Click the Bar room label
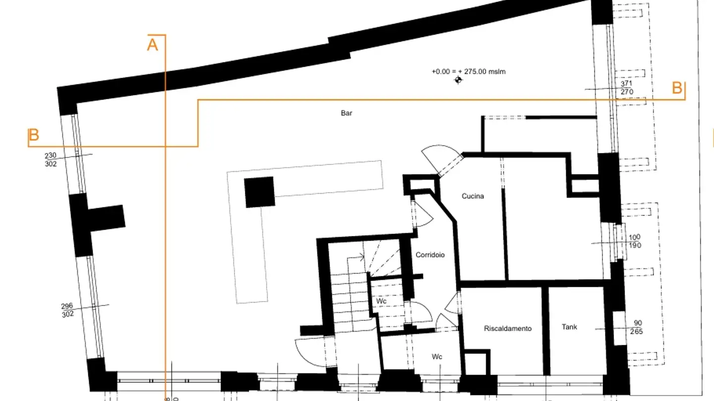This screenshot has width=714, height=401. [x=347, y=113]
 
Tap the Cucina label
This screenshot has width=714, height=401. [x=473, y=197]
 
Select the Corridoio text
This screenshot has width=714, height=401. [x=430, y=255]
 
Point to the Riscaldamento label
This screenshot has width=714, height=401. [x=508, y=329]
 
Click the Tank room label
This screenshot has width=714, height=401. [x=569, y=327]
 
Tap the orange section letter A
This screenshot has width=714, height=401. [x=153, y=45]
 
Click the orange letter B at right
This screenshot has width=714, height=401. [x=677, y=89]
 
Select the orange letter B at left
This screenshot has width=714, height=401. [x=34, y=136]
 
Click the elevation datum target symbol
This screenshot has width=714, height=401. [x=458, y=80]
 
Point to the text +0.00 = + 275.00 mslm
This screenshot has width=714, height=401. [x=469, y=72]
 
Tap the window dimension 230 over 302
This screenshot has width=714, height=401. [x=51, y=160]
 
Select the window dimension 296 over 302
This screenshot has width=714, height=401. [x=67, y=310]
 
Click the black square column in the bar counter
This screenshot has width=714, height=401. [x=259, y=192]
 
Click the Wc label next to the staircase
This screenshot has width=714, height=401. [x=381, y=301]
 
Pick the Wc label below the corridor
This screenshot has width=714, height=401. [x=437, y=357]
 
